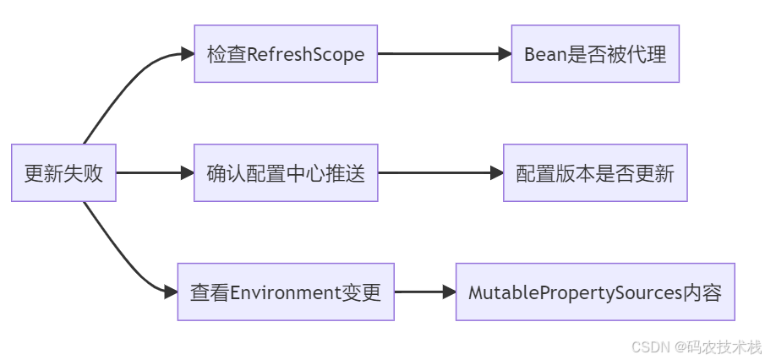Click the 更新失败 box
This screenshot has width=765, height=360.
pyautogui.click(x=63, y=173)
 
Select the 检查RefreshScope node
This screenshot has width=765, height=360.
pyautogui.click(x=286, y=54)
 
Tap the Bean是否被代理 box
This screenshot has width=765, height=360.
pyautogui.click(x=595, y=54)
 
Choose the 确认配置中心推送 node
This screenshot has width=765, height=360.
pyautogui.click(x=286, y=173)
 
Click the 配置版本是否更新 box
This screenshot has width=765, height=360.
pyautogui.click(x=595, y=173)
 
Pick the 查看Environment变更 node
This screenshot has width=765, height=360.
pyautogui.click(x=286, y=292)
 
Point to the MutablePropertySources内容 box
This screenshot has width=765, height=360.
pyautogui.click(x=595, y=292)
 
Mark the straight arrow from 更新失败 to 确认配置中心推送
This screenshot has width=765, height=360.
pyautogui.click(x=152, y=173)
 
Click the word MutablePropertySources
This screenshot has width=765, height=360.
pyautogui.click(x=575, y=293)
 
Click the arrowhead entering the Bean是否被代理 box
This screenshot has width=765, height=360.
pyautogui.click(x=505, y=54)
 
